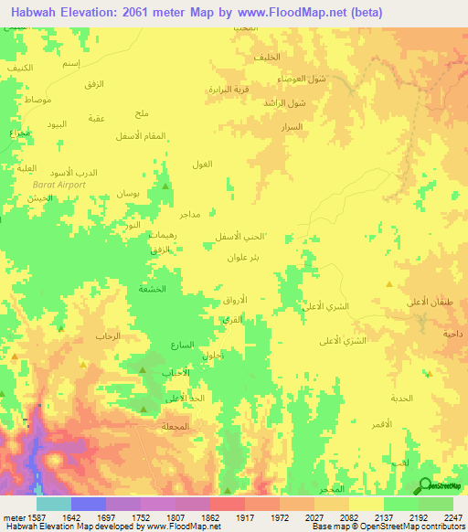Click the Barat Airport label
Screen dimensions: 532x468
pyautogui.click(x=58, y=185)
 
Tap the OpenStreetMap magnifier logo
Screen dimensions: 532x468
pyautogui.click(x=426, y=486)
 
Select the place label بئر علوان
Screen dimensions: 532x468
pyautogui.click(x=245, y=258)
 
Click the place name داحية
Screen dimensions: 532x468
pyautogui.click(x=452, y=334)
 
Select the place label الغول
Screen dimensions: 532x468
pyautogui.click(x=202, y=164)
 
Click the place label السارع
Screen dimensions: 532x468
pyautogui.click(x=182, y=346)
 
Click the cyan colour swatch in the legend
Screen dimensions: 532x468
pyautogui.click(x=54, y=504)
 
